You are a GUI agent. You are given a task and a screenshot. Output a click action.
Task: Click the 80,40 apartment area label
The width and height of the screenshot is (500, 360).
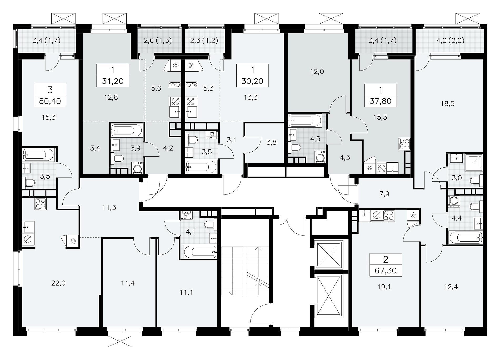[50, 101]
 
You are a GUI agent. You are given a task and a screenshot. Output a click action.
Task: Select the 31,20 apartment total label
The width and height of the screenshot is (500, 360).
[113, 81]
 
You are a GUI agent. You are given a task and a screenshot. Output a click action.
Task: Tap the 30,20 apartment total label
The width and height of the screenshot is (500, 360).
[252, 81]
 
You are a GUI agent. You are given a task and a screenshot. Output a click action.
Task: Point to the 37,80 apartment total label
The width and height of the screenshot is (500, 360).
[380, 101]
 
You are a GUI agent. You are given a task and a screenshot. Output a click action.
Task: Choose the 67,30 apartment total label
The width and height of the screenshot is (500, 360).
[386, 271]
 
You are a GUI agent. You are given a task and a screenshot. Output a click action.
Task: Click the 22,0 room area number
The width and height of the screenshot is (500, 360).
[59, 283]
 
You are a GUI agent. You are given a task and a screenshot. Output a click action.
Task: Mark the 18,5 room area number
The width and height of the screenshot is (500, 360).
[448, 104]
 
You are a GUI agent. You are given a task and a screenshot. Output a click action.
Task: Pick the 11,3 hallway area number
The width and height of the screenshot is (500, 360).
[109, 208]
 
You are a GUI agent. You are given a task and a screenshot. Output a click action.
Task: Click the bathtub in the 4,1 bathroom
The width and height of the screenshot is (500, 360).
[200, 252]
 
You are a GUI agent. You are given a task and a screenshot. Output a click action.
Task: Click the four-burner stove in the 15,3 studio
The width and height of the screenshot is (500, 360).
[404, 144]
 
